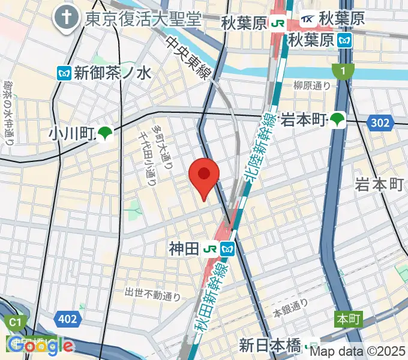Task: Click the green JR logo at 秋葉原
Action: pyautogui.click(x=277, y=23)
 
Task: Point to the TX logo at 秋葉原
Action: pyautogui.click(x=307, y=19)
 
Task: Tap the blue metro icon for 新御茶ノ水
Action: pyautogui.click(x=64, y=73)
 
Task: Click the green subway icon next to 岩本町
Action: pyautogui.click(x=338, y=119)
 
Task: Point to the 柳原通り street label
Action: pyautogui.click(x=312, y=86)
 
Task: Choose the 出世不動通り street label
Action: pyautogui.click(x=152, y=293)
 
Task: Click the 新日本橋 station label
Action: pyautogui.click(x=271, y=346)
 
